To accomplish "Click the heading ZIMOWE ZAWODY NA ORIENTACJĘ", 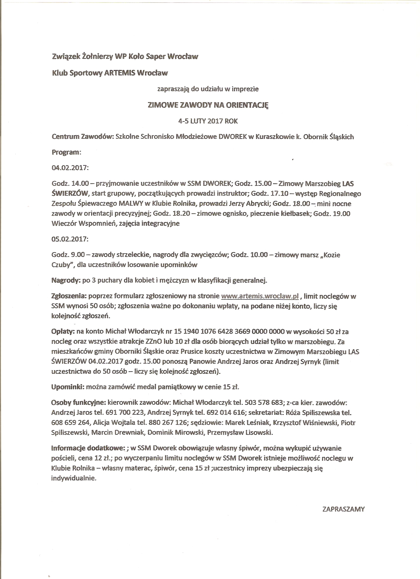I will click(x=208, y=105).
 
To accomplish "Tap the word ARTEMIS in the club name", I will click(x=120, y=73).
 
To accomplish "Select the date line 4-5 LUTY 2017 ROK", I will click(x=208, y=121).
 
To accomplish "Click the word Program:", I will click(x=66, y=152).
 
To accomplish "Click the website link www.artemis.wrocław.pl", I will click(x=260, y=296).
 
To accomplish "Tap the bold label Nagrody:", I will click(x=66, y=280).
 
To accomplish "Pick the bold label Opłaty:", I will click(x=63, y=331).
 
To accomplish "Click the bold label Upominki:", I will click(x=68, y=387).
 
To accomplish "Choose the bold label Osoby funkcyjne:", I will click(x=79, y=403).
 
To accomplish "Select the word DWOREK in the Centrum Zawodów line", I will click(x=233, y=137).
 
